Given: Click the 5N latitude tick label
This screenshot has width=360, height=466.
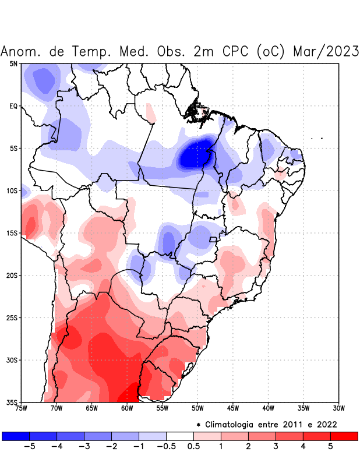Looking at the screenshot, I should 13,63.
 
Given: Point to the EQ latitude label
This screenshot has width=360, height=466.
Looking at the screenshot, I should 13,106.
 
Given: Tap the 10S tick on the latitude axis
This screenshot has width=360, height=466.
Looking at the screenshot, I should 12,190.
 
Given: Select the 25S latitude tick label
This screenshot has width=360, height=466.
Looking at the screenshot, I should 12,318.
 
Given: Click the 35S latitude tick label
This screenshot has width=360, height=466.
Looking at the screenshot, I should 12,402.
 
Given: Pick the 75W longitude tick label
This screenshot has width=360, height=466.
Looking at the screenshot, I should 21,408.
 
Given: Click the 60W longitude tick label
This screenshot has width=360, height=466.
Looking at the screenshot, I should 127,408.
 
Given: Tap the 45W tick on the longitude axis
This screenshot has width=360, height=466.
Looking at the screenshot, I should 233,408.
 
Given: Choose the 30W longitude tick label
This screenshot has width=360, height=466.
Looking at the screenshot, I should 339,408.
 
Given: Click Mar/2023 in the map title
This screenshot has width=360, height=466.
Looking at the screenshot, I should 326,51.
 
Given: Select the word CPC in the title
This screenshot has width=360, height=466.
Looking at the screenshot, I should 236,51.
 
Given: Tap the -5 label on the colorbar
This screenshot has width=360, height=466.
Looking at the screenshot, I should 29,446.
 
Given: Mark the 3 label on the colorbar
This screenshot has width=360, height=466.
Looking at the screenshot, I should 276,446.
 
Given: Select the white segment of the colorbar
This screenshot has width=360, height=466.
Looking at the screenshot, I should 180,436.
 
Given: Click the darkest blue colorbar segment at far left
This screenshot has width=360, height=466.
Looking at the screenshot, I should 16,436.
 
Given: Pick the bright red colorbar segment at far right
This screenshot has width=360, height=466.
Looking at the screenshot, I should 344,436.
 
